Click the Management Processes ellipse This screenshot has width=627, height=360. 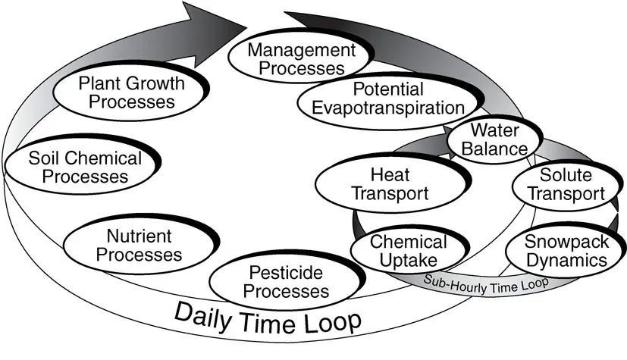click(x=291, y=59)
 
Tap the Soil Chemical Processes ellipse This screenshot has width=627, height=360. click(x=83, y=167)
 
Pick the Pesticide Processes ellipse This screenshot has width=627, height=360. click(x=280, y=281)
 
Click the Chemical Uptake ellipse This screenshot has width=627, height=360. click(x=409, y=251)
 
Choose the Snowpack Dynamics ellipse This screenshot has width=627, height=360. click(x=566, y=251)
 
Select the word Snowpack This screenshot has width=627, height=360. click(x=566, y=243)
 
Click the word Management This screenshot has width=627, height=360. click(x=291, y=51)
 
